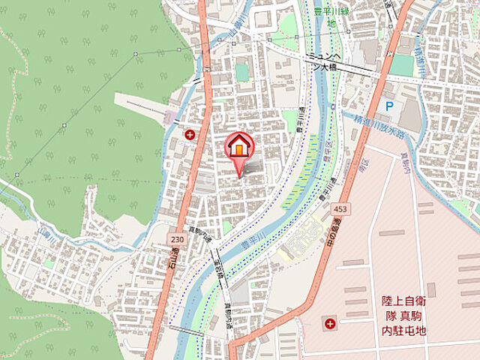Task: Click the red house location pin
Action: click(240, 148)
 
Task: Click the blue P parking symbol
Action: click(388, 107)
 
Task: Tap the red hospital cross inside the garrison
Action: click(330, 324)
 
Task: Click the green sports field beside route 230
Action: click(241, 72)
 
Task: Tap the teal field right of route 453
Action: click(402, 65)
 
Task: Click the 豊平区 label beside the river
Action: click(328, 149)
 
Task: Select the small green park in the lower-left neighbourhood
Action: click(48, 264)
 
